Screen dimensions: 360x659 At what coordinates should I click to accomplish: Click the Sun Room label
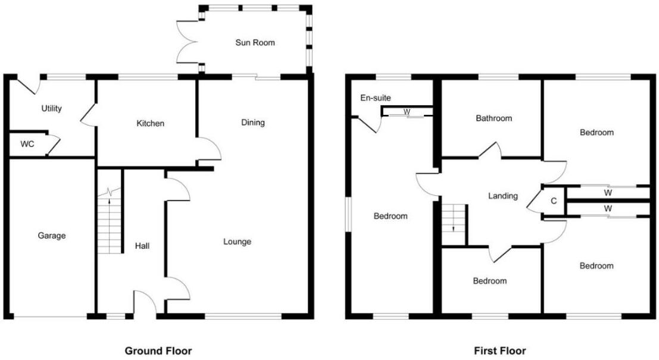[x=255, y=43]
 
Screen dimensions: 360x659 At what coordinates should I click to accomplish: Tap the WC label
[x=27, y=144]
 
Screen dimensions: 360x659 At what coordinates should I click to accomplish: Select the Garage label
[x=51, y=236]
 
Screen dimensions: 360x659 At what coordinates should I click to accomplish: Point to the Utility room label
[x=52, y=109]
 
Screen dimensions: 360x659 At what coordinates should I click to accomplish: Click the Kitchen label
[x=150, y=124]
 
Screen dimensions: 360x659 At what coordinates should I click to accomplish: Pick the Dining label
[x=253, y=123]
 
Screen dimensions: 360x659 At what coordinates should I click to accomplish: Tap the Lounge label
[x=237, y=242]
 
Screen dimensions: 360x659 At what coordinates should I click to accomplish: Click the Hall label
[x=142, y=245]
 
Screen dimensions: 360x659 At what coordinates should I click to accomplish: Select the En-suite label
[x=376, y=98]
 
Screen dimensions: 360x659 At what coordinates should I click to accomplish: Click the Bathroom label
[x=494, y=118]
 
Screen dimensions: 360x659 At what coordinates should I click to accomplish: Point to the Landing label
[x=502, y=196]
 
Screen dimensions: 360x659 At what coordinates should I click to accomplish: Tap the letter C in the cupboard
[x=553, y=201]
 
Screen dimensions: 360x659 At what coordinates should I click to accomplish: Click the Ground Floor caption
[x=158, y=351]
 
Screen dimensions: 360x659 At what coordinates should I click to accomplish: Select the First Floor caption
[x=500, y=351]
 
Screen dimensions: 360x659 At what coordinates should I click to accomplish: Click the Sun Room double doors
[x=189, y=43]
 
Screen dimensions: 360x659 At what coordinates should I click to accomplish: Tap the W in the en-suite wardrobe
[x=407, y=112]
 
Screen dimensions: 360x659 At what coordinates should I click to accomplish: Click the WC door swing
[x=52, y=145]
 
